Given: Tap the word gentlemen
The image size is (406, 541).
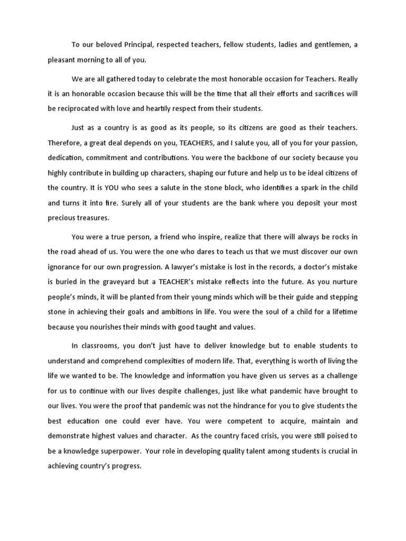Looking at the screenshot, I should tap(331, 45).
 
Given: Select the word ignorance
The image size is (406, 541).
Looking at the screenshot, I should tap(67, 266).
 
